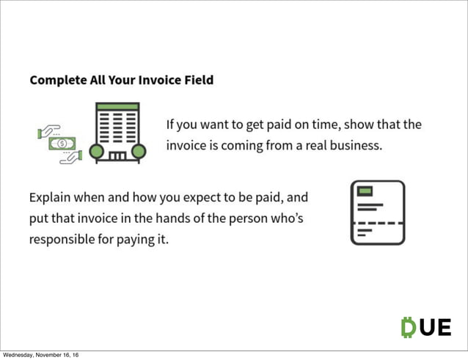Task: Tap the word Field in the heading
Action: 198,79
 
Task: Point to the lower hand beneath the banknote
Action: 71,156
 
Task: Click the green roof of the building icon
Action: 117,107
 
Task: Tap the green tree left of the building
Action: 95,151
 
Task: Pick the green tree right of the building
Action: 139,151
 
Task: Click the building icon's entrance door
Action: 117,155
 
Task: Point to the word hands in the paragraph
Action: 172,218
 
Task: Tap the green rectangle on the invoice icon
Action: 363,191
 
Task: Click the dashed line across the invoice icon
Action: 377,221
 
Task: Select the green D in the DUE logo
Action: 409,327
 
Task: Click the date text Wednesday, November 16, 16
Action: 40,356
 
